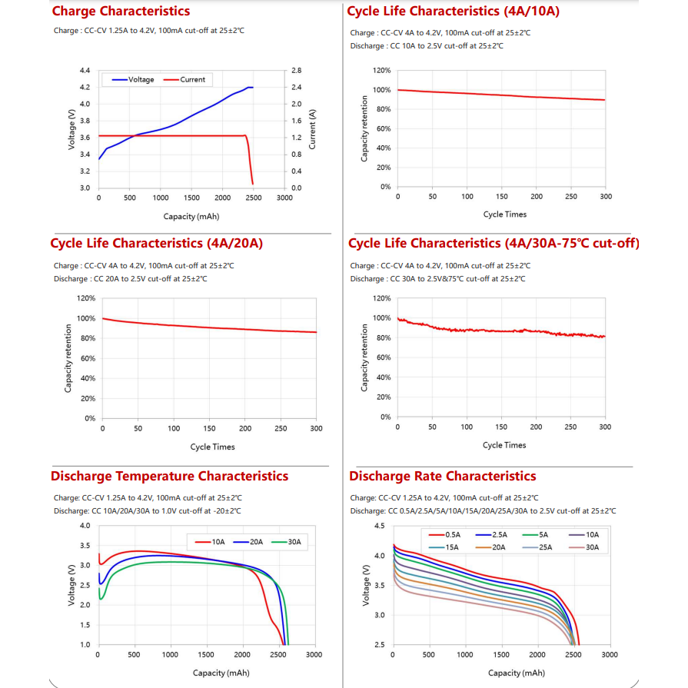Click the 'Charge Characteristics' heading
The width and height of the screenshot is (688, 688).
(x=121, y=12)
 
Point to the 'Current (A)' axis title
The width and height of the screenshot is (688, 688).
(x=312, y=128)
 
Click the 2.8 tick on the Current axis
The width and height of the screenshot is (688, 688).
(x=297, y=70)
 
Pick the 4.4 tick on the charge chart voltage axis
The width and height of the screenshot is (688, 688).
(x=85, y=70)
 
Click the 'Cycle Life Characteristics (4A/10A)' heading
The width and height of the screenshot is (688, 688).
(x=453, y=12)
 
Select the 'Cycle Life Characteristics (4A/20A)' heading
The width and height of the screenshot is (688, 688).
(x=157, y=244)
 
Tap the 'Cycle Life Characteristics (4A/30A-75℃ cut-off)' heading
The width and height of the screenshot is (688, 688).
(x=494, y=244)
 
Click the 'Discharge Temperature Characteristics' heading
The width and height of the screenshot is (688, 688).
(x=169, y=477)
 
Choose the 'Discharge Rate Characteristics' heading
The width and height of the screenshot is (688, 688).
(x=443, y=477)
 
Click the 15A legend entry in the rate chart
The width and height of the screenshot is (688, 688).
(x=447, y=547)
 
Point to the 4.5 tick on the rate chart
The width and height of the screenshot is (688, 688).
(x=380, y=526)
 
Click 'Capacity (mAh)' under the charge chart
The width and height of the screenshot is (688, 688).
(x=191, y=217)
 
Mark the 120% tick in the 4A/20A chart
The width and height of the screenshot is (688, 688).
(x=86, y=298)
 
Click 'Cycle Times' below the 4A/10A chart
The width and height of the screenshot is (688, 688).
(x=505, y=214)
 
